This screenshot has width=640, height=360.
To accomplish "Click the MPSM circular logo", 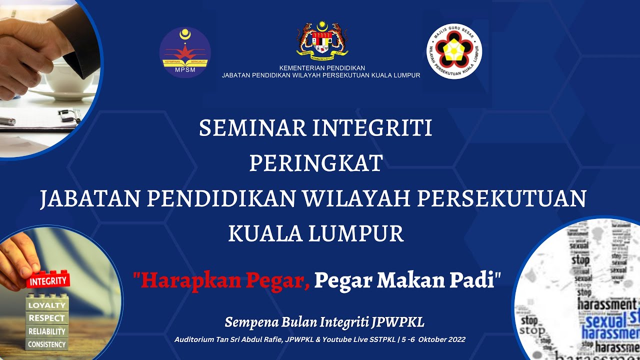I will pyautogui.click(x=185, y=52).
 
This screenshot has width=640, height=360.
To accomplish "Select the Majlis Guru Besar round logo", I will pyautogui.click(x=454, y=52).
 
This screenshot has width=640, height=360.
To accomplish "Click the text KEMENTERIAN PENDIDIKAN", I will pyautogui.click(x=322, y=68).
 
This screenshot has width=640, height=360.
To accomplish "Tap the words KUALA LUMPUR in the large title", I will pyautogui.click(x=316, y=233).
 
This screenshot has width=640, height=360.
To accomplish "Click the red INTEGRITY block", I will pyautogui.click(x=48, y=280).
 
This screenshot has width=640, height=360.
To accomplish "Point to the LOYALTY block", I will pyautogui.click(x=46, y=305).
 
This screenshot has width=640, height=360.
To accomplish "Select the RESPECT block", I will pyautogui.click(x=46, y=318).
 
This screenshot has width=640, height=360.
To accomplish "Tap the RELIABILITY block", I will pyautogui.click(x=46, y=331).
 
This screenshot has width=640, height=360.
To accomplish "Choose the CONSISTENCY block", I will pyautogui.click(x=46, y=344).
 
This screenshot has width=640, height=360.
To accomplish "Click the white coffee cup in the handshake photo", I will pyautogui.click(x=70, y=80).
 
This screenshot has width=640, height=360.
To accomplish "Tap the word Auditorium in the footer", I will pyautogui.click(x=194, y=339).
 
